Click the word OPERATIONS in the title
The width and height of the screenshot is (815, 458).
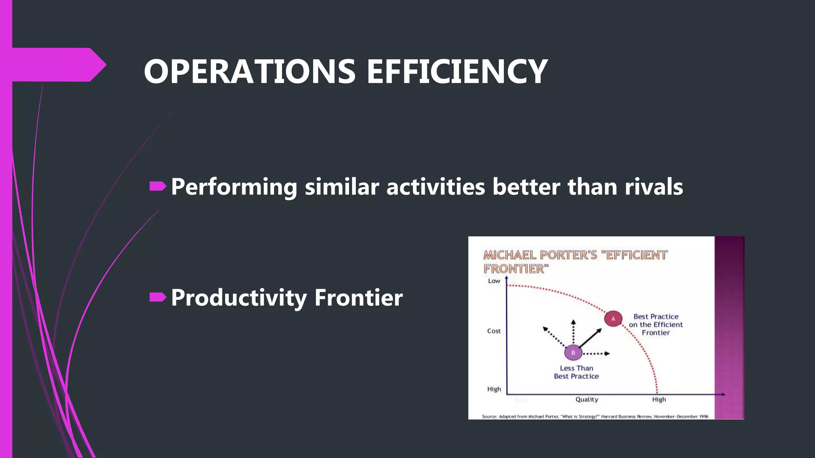250,72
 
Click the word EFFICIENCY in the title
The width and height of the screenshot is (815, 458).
457,72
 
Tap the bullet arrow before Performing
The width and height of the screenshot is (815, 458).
158,186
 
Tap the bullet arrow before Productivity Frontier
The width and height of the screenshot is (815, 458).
158,297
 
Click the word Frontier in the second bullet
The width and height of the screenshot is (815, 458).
358,298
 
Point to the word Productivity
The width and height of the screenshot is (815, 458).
239,298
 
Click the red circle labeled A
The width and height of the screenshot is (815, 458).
613,319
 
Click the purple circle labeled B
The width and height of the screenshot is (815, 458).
573,353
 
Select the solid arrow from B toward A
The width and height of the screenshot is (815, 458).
591,338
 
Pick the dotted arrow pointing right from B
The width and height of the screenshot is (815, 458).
596,353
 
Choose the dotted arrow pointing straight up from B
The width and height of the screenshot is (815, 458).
573,332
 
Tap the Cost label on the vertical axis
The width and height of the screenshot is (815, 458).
494,331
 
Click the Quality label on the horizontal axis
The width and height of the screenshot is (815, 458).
587,400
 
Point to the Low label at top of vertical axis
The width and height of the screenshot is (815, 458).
494,281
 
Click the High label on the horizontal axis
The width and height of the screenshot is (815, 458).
659,400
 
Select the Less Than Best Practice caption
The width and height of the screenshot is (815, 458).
576,372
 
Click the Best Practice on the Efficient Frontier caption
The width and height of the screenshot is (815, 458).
656,324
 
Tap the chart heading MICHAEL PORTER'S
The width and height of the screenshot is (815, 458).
540,255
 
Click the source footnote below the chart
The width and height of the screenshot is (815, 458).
595,416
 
